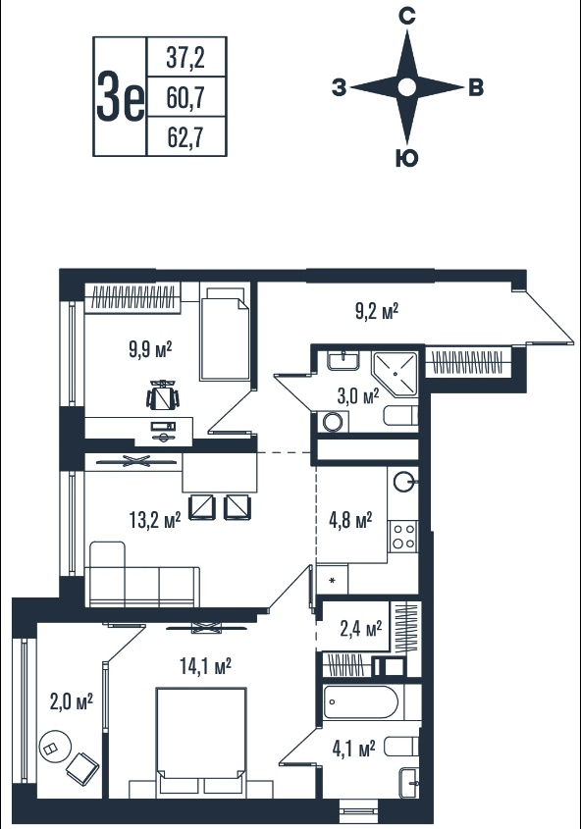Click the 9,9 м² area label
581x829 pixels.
pos(150,349)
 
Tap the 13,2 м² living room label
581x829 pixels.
pos(154,520)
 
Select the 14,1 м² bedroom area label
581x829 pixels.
pos(205,666)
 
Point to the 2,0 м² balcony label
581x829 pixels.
pos(72,701)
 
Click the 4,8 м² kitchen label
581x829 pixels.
pos(350,520)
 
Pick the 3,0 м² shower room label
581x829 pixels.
pos(358,395)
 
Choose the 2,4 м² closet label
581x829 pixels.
pos(360,629)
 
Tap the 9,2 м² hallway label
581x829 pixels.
pos(377,311)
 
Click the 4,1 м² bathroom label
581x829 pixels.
pos(353,749)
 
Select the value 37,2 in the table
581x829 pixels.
pos(185,58)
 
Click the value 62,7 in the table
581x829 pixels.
pos(185,137)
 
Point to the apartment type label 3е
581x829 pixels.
pos(120,97)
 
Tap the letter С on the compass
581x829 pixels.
pos(406,18)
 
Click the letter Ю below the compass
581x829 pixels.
pos(406,158)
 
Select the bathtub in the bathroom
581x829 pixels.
pos(361,702)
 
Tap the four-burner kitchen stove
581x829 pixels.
pos(402,536)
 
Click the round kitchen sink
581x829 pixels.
pos(405,482)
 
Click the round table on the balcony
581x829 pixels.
pos(55,746)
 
